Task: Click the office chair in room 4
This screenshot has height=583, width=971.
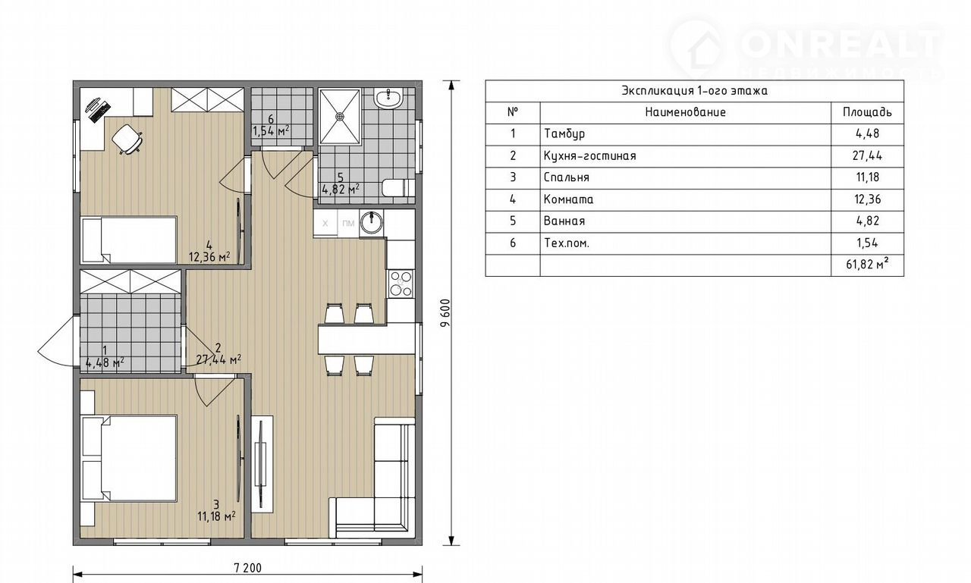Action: (127, 139)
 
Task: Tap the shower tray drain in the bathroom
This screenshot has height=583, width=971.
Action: (340, 116)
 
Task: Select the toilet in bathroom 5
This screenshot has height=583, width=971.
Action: (399, 187)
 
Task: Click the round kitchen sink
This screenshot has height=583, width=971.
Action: (371, 222)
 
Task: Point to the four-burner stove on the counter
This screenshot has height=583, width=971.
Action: (401, 284)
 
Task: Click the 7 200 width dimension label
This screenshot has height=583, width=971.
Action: (248, 568)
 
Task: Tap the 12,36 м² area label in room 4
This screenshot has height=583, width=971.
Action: (209, 257)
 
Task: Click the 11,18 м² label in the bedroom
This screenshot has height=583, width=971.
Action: (216, 516)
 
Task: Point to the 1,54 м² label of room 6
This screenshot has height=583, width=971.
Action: (272, 130)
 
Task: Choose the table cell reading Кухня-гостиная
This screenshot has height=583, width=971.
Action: (590, 156)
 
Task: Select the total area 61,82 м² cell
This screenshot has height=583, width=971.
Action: (867, 264)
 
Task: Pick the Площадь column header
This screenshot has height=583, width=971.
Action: (867, 112)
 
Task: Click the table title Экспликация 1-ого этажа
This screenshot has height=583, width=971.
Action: (694, 91)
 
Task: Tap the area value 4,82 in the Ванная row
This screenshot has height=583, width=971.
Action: (867, 221)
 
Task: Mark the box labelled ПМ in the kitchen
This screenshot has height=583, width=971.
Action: (348, 224)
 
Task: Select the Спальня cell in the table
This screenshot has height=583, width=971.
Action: (567, 177)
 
